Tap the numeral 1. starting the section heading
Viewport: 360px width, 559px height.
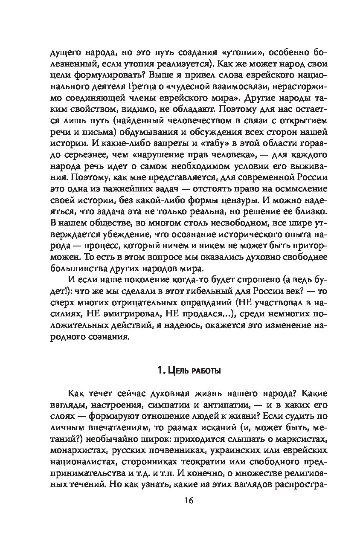[x=160, y=370]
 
